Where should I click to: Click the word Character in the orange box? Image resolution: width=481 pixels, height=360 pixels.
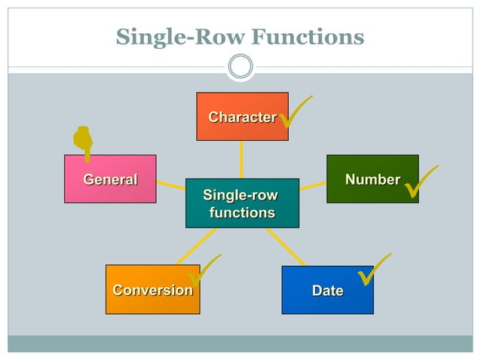pos(241,117)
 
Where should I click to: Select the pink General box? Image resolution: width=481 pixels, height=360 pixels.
pos(110,179)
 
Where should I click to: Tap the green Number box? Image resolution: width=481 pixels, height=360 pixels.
pos(372,179)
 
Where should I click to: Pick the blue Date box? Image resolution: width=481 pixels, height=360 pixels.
pos(327,290)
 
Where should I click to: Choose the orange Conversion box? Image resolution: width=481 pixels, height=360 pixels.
pos(152,290)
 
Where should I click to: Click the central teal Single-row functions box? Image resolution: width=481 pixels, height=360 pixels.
pos(242,203)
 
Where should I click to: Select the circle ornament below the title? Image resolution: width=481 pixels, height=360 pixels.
pos(240,66)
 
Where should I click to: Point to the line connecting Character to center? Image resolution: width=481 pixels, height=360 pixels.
pos(241,159)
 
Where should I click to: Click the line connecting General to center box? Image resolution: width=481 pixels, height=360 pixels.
pos(171,185)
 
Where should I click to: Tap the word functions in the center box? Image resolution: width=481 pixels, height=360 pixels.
pos(242,213)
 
